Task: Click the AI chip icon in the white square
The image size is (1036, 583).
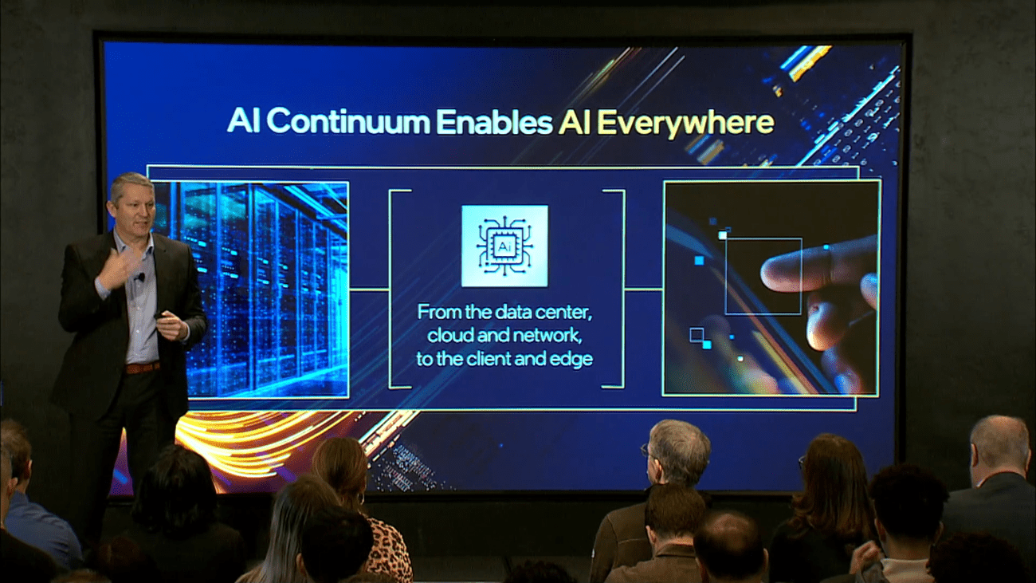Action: [x=504, y=246]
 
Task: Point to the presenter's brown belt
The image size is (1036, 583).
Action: [x=142, y=368]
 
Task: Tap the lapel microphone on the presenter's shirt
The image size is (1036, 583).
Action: [x=140, y=277]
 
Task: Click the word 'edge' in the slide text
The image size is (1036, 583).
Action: [x=571, y=359]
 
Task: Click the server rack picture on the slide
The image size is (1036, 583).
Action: [x=263, y=287]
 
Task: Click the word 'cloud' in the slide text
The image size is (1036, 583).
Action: [x=451, y=335]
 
